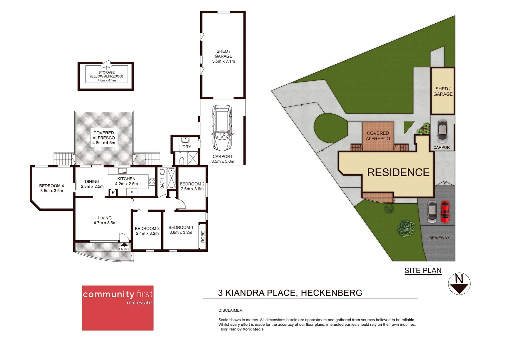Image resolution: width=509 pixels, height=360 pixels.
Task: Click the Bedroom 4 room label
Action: (x=52, y=188)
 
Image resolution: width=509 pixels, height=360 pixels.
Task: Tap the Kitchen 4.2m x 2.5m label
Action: (x=126, y=181)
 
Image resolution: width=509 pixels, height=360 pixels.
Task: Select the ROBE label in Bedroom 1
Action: (x=203, y=237)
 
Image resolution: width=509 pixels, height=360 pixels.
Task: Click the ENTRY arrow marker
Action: (x=124, y=245)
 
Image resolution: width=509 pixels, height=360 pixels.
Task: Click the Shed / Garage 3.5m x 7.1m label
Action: (x=224, y=56)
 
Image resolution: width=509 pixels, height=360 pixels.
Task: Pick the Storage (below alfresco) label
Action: (x=107, y=76)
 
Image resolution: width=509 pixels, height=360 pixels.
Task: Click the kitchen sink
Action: (x=122, y=171)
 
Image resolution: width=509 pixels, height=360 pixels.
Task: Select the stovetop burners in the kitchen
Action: (x=152, y=182)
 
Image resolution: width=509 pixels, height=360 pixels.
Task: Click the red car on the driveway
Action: (x=445, y=212)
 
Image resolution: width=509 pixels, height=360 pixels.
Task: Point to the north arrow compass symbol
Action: (x=459, y=284)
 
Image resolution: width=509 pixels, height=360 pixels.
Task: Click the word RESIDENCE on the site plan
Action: (x=398, y=172)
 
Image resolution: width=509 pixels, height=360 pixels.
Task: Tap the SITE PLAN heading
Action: (x=423, y=271)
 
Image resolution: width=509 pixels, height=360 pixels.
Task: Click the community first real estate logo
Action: (x=118, y=308)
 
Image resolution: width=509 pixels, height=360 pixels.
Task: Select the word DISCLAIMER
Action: (x=230, y=310)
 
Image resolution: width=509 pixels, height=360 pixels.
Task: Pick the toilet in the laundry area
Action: (x=182, y=161)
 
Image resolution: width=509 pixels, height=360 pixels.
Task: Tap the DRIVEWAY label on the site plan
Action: (x=439, y=238)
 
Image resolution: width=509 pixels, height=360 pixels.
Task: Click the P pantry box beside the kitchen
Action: (x=113, y=192)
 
